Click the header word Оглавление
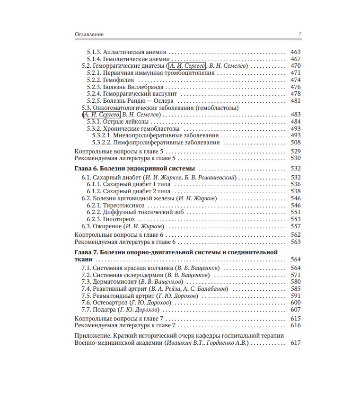click(x=89, y=34)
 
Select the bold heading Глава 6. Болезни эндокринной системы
click(x=136, y=168)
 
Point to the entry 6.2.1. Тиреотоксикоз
click(x=116, y=205)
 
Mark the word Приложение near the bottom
click(x=91, y=335)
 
